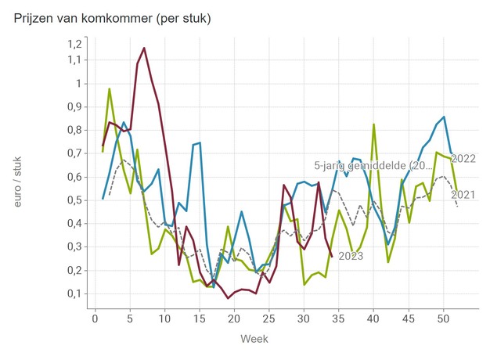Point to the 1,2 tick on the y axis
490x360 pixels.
[x=74, y=43]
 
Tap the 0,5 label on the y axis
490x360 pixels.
[x=74, y=200]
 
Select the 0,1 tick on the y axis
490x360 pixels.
[x=74, y=293]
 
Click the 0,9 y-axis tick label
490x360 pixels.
[x=74, y=106]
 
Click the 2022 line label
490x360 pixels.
[x=465, y=159]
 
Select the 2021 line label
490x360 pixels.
[x=465, y=195]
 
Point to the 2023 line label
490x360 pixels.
[x=351, y=256]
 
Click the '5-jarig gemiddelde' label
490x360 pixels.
[x=373, y=165]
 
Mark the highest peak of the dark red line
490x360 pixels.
[x=144, y=48]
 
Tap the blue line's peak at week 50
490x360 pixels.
[x=444, y=117]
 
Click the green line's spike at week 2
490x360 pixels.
[x=110, y=88]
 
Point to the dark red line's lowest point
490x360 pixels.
[x=228, y=298]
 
